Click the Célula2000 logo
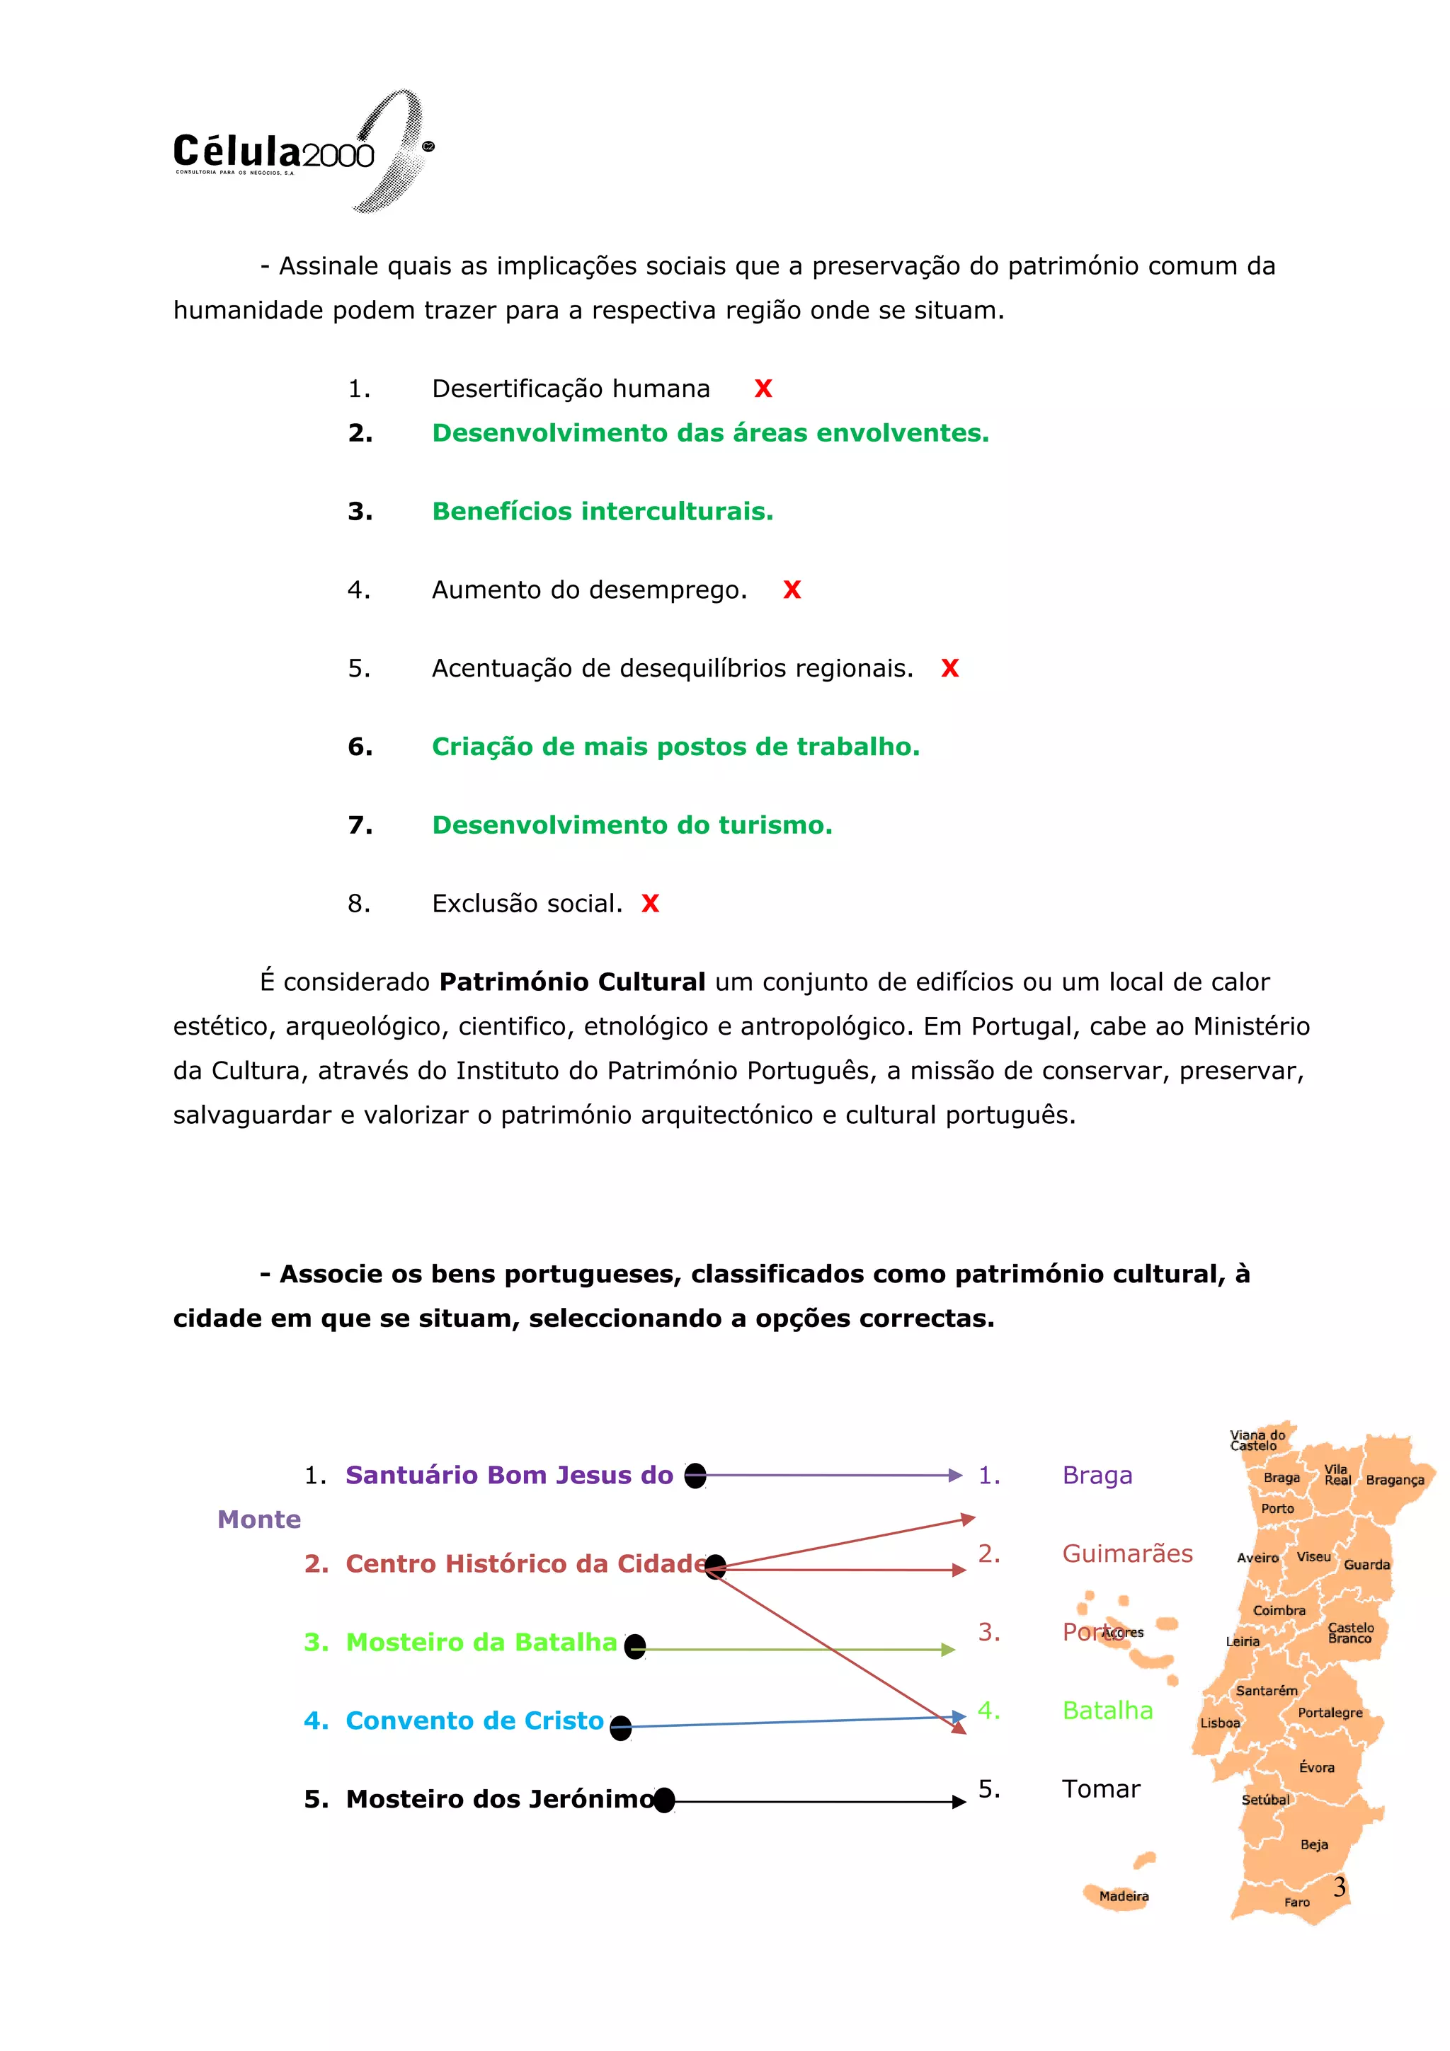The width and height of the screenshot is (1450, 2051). [299, 152]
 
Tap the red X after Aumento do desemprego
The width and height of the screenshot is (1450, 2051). [792, 590]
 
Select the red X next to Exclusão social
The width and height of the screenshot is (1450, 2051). [651, 904]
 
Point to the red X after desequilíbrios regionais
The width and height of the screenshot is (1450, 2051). [949, 668]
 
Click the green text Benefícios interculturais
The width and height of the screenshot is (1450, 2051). [602, 511]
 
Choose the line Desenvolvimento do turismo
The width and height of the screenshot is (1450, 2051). [632, 825]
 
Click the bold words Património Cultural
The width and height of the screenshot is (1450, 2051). [573, 982]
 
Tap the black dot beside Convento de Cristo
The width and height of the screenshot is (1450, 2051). [621, 1728]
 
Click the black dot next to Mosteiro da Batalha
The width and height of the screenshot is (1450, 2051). [635, 1646]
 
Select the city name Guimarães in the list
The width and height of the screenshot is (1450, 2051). [1126, 1554]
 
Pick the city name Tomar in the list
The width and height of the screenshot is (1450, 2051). [1101, 1789]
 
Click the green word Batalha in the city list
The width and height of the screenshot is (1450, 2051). [1107, 1711]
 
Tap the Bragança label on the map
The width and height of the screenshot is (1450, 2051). [1394, 1480]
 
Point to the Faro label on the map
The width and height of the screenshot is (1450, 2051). [1296, 1902]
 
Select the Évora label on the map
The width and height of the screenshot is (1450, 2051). [1316, 1768]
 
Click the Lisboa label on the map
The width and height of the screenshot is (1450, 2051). [1219, 1723]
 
